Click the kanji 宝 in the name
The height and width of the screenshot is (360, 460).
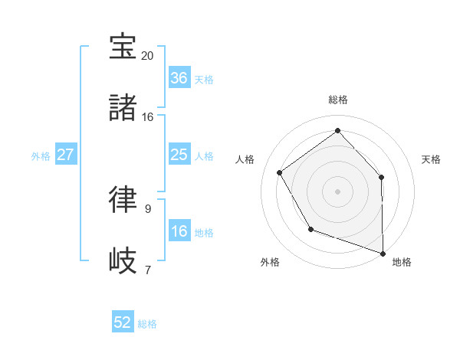click(123, 47)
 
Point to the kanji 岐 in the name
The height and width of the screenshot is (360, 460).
click(123, 260)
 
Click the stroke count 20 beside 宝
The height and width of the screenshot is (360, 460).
click(147, 56)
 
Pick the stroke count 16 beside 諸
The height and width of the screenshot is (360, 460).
click(147, 117)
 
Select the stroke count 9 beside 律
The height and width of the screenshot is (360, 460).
click(147, 208)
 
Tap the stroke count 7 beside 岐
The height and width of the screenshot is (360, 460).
click(147, 270)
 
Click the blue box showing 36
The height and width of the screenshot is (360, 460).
click(179, 77)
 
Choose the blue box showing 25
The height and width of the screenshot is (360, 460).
click(179, 154)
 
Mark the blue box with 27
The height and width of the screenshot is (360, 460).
click(66, 154)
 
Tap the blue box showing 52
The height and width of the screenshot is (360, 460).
click(123, 322)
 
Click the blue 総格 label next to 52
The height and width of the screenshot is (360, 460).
click(148, 323)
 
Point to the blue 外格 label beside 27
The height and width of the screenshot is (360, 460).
click(41, 155)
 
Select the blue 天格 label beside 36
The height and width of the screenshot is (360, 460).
click(204, 79)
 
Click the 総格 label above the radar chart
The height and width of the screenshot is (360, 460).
click(337, 100)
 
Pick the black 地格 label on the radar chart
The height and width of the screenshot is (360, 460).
click(402, 262)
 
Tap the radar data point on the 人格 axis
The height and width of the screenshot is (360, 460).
click(280, 172)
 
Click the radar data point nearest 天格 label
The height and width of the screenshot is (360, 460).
click(382, 177)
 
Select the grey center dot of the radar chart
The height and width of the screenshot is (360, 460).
click(337, 191)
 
